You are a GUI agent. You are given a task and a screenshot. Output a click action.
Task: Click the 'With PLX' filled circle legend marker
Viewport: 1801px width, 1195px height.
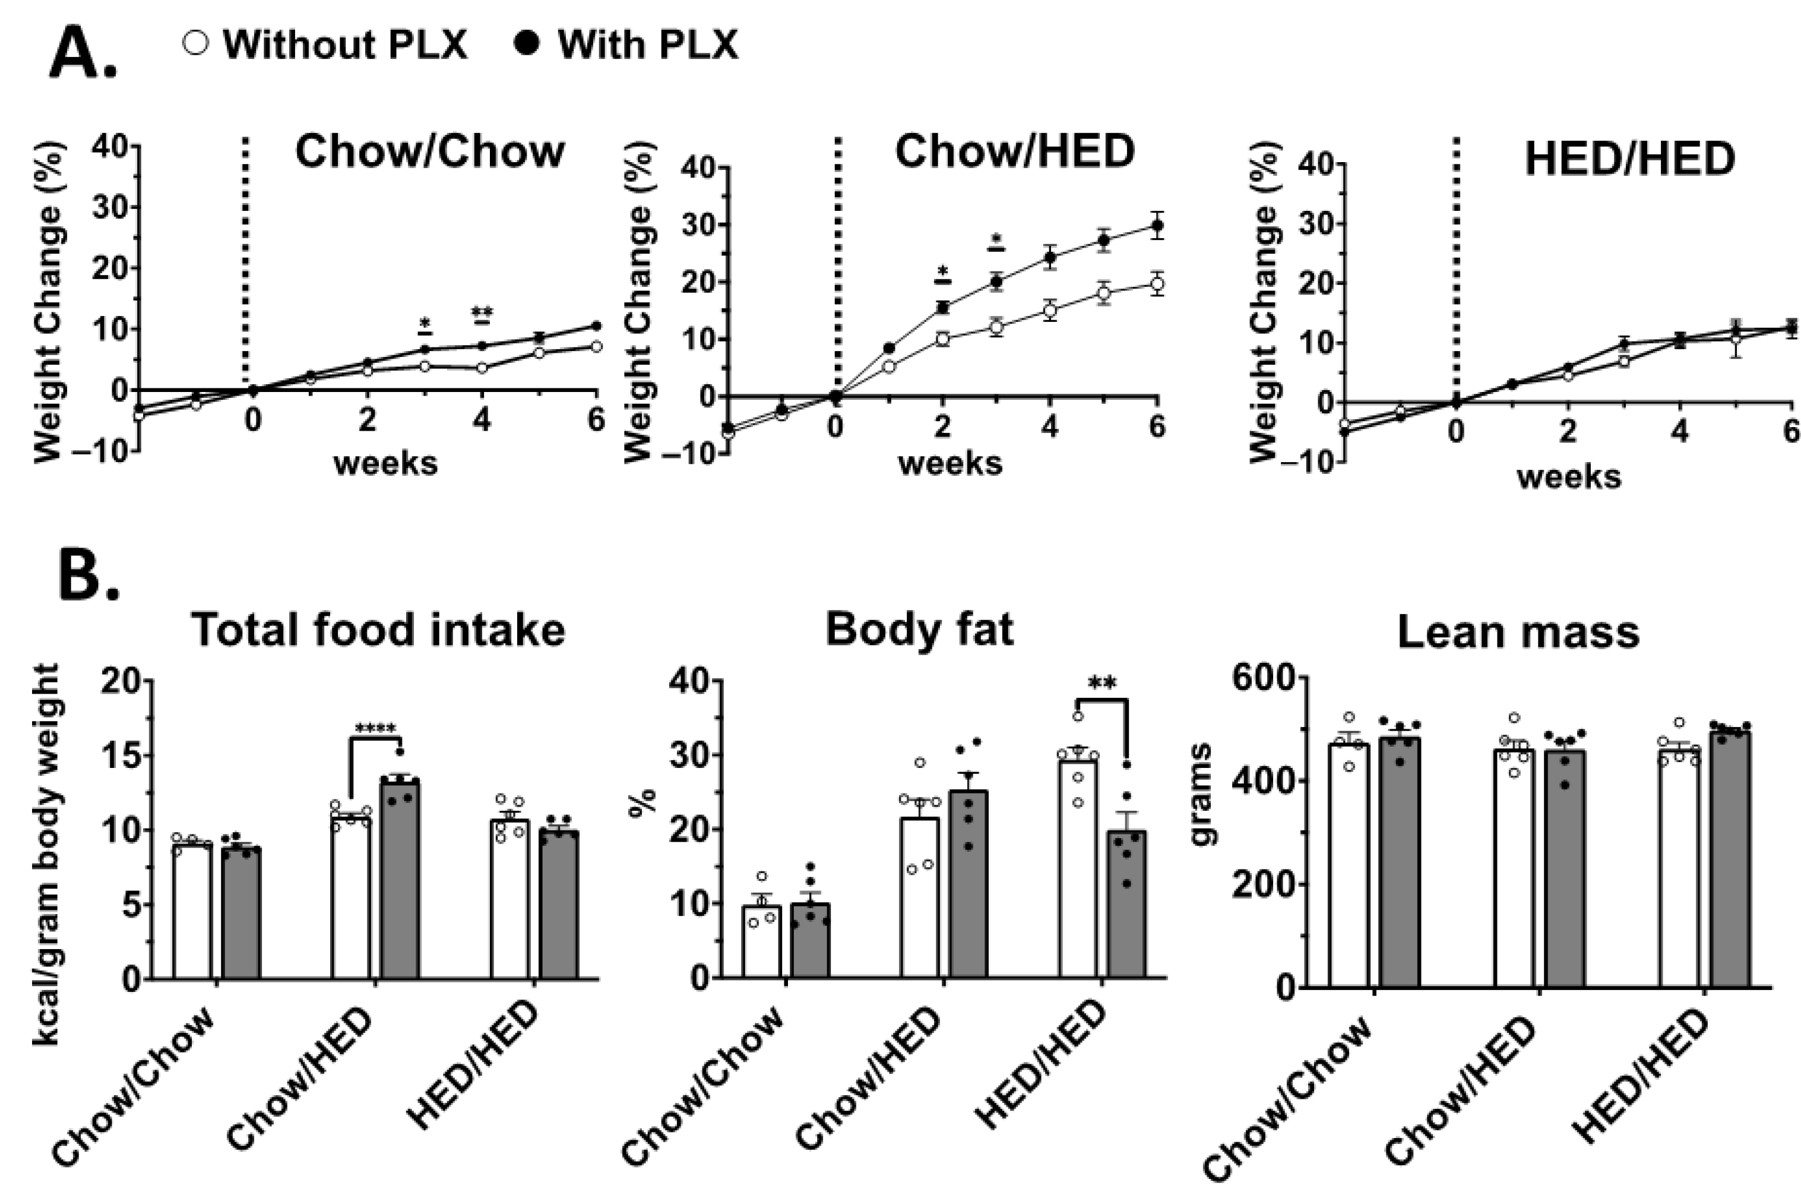[527, 43]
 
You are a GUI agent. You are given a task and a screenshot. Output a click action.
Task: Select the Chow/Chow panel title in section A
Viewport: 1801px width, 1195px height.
[430, 151]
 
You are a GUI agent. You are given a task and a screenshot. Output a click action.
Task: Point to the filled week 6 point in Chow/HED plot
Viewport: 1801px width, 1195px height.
[1157, 226]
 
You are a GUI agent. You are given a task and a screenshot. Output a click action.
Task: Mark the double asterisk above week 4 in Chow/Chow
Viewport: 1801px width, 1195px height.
[482, 314]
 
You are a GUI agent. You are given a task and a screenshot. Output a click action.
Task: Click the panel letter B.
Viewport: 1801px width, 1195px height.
[89, 570]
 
